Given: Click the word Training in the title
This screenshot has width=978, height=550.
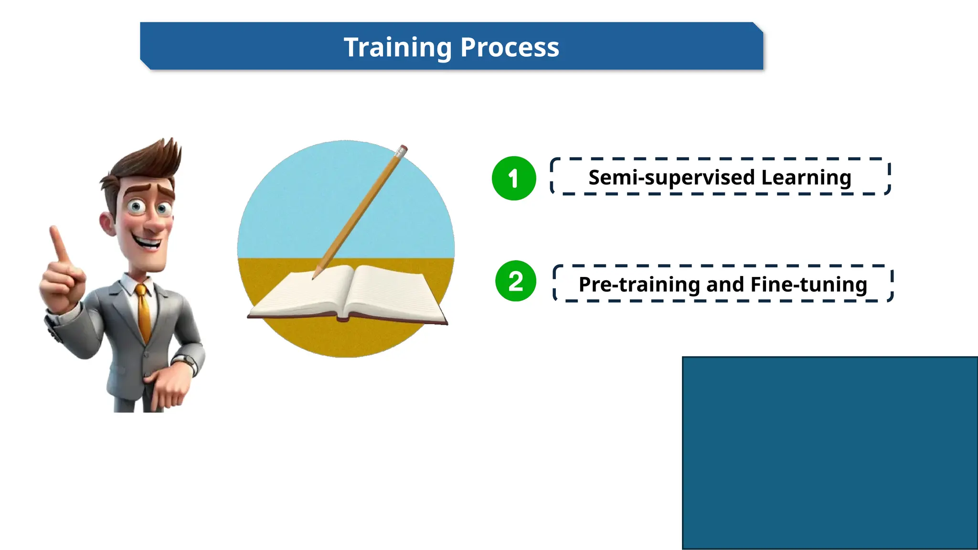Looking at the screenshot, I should tap(398, 48).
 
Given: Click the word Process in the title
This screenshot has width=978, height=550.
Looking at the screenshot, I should tap(510, 48).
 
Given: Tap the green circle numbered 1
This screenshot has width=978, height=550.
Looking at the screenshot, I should tap(514, 178).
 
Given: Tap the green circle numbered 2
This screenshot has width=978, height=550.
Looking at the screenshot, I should tap(516, 281).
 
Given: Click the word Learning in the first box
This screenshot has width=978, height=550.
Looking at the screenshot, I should tap(806, 178).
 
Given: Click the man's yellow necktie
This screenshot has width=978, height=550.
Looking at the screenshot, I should tap(143, 310).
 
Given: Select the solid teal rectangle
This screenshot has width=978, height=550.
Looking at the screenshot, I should tap(829, 453).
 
